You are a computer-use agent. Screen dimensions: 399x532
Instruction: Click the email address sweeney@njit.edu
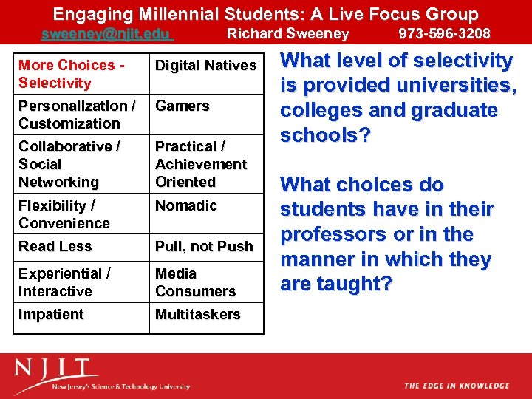point(106,34)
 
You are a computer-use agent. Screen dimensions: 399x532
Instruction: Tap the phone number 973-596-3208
point(444,34)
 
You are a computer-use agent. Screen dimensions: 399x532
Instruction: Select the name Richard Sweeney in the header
point(287,34)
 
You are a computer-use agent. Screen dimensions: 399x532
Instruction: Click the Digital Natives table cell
point(205,66)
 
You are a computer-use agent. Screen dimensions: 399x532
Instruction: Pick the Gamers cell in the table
point(183,106)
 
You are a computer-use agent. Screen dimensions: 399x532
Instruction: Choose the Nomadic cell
point(186,205)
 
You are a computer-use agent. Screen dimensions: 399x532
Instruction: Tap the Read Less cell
point(55,247)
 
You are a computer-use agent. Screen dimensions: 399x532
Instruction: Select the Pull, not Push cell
point(204,247)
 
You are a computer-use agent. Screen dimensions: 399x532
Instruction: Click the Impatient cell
point(51,315)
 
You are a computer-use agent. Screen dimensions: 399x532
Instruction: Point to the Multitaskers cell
point(197,315)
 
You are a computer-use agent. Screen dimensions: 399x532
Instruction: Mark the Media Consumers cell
point(195,282)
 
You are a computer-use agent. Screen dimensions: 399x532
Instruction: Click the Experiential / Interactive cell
point(65,282)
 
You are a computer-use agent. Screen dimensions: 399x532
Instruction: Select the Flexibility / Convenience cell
point(64,214)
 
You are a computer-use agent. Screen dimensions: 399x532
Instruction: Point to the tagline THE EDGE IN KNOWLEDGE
point(456,386)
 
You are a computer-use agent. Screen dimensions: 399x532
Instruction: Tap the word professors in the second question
point(328,235)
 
